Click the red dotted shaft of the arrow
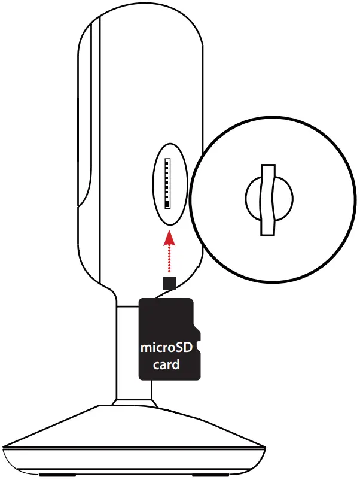tap(170, 260)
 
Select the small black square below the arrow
tap(170, 282)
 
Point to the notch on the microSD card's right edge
tap(199, 346)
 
